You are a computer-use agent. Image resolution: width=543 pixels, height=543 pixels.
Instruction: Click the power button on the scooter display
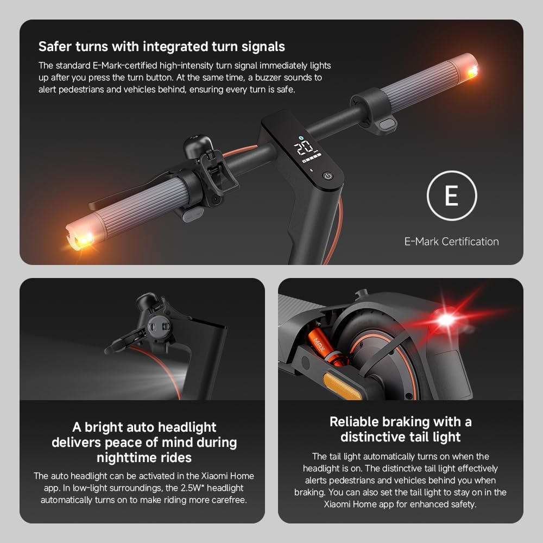(327, 175)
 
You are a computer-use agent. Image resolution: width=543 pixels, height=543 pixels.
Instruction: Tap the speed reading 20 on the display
(303, 147)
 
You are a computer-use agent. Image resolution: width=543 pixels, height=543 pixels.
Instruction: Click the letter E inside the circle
(451, 196)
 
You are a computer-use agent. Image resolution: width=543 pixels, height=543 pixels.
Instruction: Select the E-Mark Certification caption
(451, 242)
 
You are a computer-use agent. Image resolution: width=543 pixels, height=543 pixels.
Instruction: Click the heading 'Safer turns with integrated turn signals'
(162, 47)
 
